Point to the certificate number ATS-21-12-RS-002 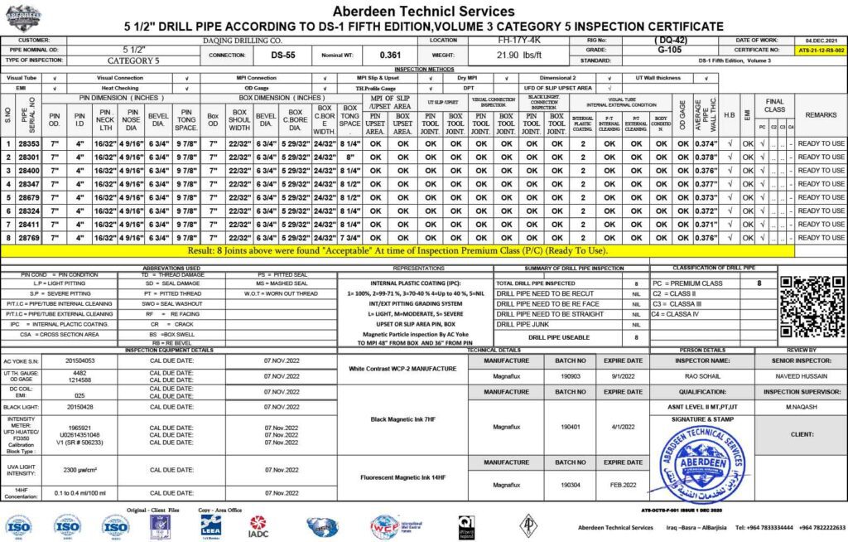(x=821, y=50)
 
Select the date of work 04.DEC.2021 (x=821, y=40)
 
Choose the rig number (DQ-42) (x=670, y=40)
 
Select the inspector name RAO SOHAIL (x=702, y=375)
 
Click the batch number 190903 (x=571, y=375)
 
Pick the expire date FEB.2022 (x=623, y=484)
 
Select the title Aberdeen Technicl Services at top (x=423, y=12)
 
